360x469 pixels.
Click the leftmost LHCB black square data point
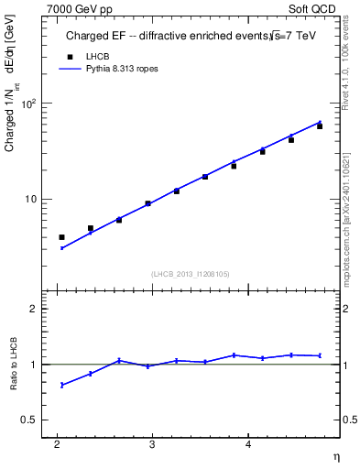62,237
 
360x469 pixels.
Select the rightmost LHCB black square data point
320,126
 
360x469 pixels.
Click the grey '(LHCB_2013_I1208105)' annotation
190,273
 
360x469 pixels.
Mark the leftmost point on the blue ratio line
62,385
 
